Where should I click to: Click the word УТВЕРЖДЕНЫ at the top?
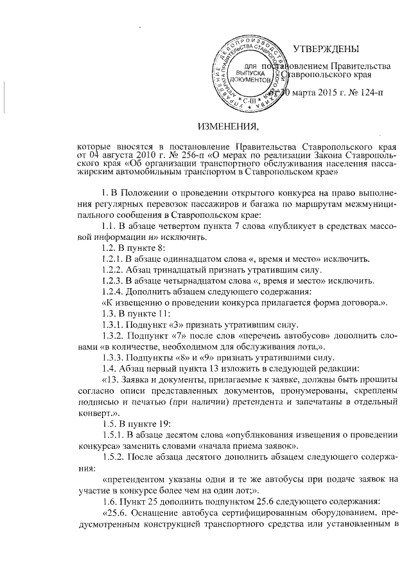click(x=326, y=50)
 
